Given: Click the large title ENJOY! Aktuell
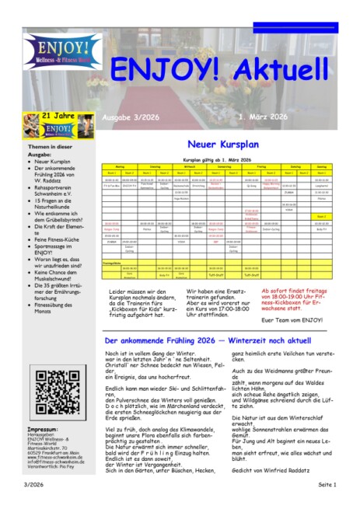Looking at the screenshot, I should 220,69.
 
